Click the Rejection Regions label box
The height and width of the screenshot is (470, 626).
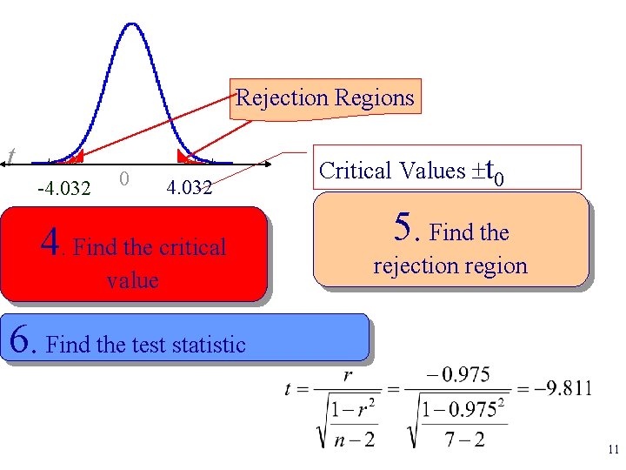325,97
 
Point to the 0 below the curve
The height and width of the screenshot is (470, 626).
125,178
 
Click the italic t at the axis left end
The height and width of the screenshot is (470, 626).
10,156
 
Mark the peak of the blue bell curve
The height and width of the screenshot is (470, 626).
132,24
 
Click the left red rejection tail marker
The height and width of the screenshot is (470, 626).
76,158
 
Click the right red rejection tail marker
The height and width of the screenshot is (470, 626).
184,158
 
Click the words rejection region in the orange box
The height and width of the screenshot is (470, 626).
450,265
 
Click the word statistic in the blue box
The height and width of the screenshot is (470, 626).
208,345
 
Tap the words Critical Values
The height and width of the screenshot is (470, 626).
392,171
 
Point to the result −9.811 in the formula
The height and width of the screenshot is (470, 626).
563,388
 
